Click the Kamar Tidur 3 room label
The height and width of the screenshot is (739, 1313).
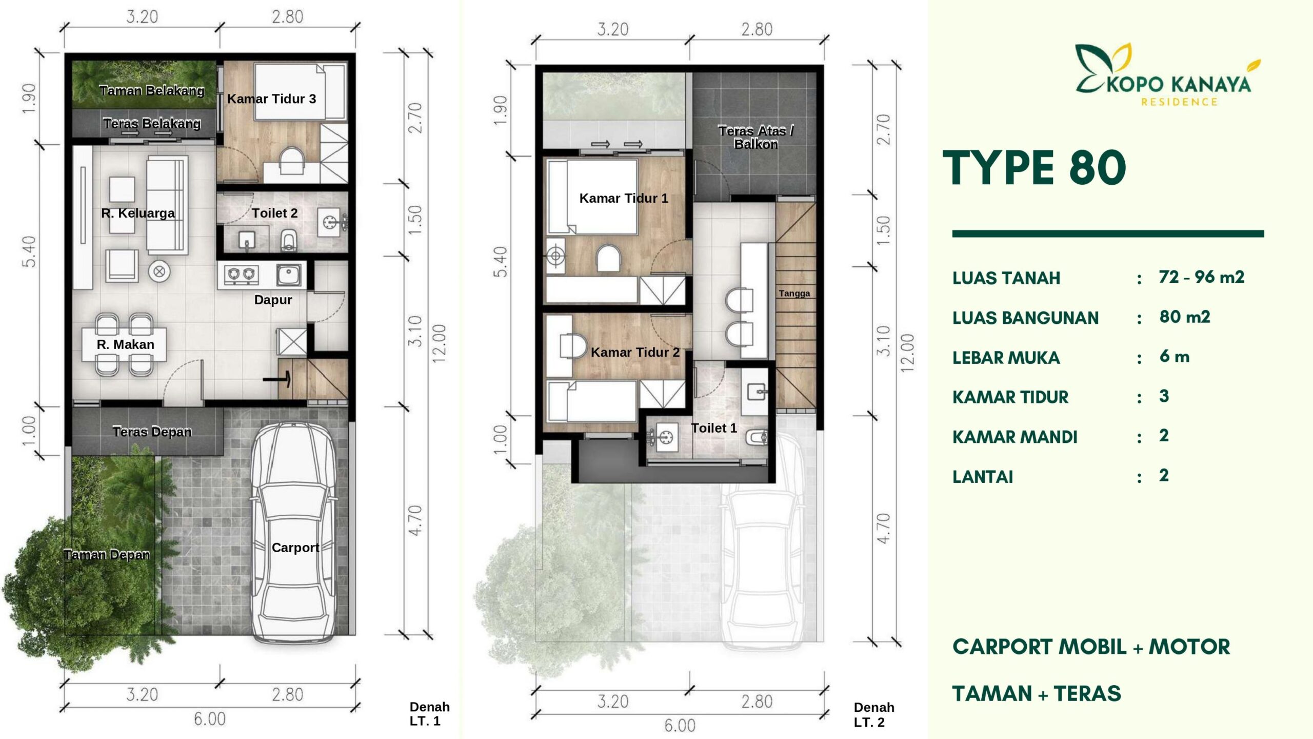click(271, 99)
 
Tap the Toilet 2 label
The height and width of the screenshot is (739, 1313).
click(274, 213)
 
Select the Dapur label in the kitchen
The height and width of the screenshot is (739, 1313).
click(273, 300)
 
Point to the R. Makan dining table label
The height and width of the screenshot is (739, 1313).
click(125, 344)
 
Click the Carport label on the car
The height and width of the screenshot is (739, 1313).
click(295, 548)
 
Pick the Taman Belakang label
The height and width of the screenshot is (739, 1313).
click(152, 91)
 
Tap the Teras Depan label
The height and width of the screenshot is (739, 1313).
click(152, 432)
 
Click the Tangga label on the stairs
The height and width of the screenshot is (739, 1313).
click(794, 294)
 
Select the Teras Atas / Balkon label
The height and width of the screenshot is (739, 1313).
click(756, 137)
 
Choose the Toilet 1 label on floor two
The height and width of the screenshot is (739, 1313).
click(713, 428)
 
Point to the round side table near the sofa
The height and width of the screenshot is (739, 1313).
click(160, 271)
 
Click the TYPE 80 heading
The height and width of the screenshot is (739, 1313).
click(1034, 168)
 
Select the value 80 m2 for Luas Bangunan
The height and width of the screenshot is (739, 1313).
click(1185, 317)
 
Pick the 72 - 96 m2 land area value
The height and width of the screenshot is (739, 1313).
click(1202, 277)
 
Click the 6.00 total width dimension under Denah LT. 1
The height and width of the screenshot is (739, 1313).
click(210, 719)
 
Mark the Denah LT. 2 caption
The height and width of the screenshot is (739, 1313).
click(874, 715)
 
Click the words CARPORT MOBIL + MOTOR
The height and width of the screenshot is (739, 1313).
click(1091, 647)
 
